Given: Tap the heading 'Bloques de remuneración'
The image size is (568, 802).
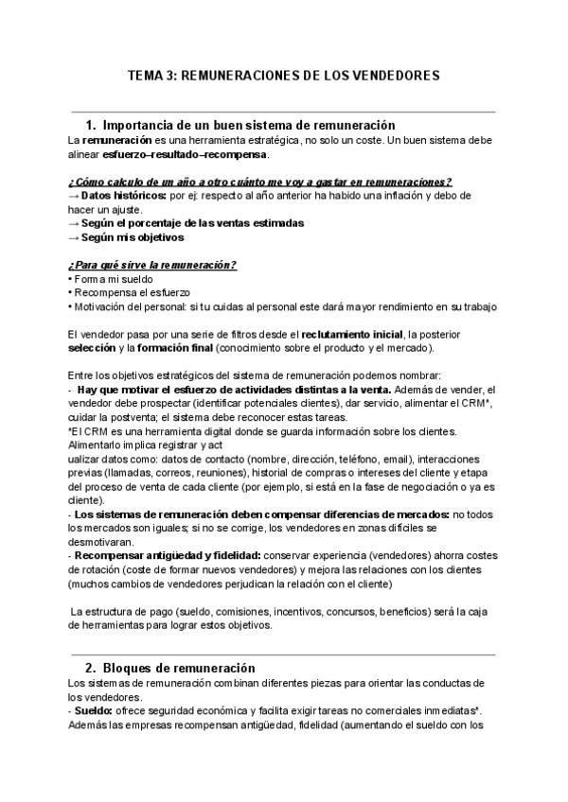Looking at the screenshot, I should pyautogui.click(x=178, y=668).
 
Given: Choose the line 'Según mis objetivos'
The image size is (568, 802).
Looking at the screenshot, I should pyautogui.click(x=133, y=238).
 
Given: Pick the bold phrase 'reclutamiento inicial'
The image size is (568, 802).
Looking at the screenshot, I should pyautogui.click(x=351, y=334).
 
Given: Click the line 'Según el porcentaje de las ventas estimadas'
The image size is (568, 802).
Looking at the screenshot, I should pyautogui.click(x=192, y=224).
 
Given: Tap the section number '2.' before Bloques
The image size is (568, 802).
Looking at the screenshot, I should pyautogui.click(x=92, y=668).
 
